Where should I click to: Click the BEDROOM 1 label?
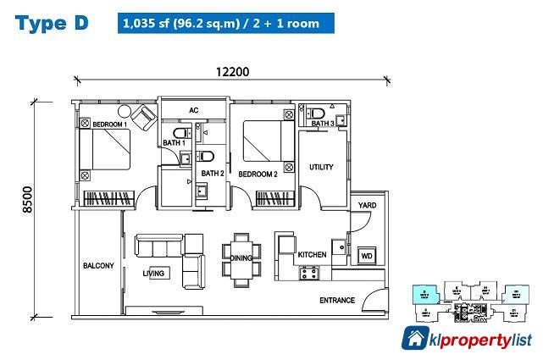pos(109,125)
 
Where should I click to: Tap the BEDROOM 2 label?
pos(258,174)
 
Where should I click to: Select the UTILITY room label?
pos(322,166)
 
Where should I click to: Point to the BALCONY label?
pos(98,266)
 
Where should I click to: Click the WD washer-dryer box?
pos(367,254)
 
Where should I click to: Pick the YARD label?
pos(367,205)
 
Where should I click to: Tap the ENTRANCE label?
pos(336,301)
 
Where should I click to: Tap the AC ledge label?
pos(193,111)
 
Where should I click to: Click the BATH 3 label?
pos(323,124)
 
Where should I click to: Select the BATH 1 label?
pos(174,143)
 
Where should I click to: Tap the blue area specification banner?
pos(226,23)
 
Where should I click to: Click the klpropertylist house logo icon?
pos(415,338)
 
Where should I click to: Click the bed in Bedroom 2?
pos(269,142)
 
